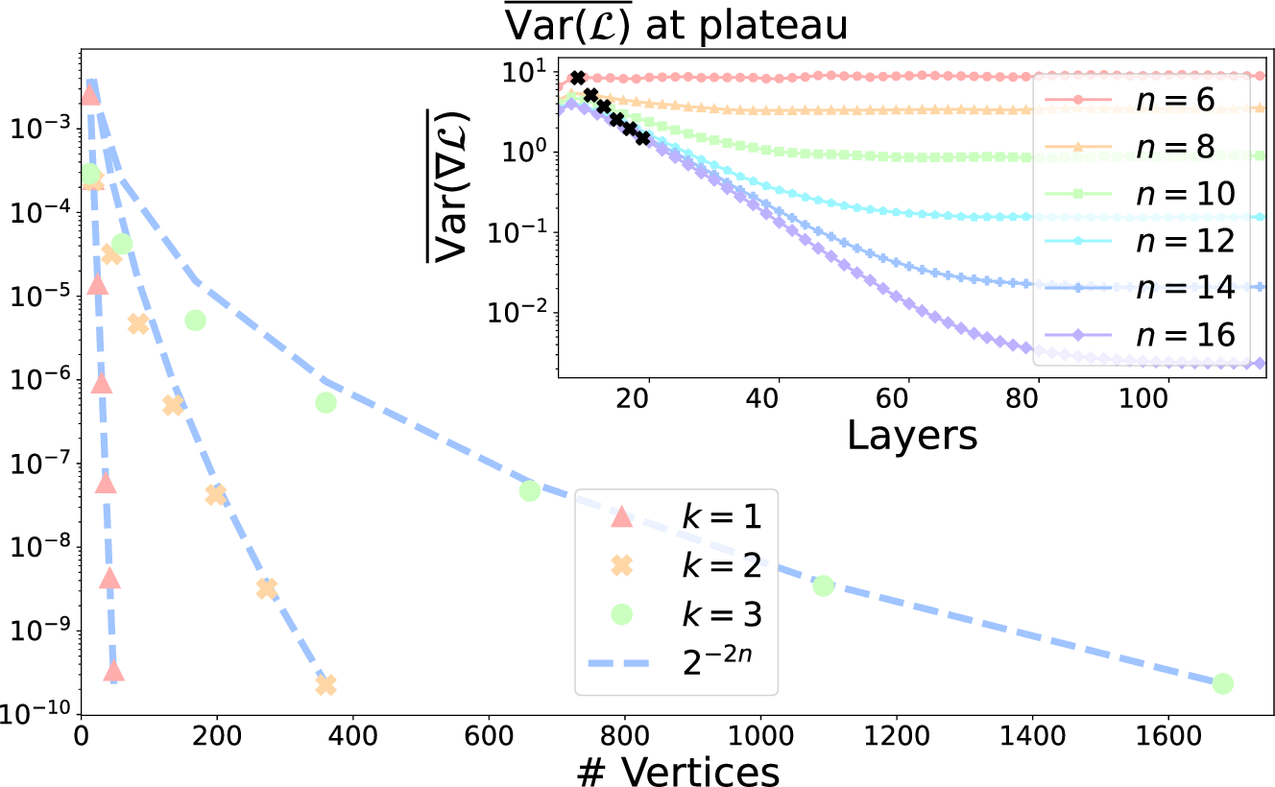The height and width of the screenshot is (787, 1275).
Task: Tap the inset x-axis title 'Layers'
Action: pyautogui.click(x=912, y=435)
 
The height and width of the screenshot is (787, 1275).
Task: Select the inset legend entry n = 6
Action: pyautogui.click(x=1143, y=100)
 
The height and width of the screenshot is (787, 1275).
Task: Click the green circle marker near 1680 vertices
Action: pyautogui.click(x=1222, y=683)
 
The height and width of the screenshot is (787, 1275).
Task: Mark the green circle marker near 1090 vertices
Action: pyautogui.click(x=823, y=585)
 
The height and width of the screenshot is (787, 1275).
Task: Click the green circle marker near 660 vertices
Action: pyautogui.click(x=530, y=490)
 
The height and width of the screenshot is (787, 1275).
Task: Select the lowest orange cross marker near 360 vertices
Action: pyautogui.click(x=325, y=684)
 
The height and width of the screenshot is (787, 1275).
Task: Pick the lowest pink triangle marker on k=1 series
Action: pyautogui.click(x=113, y=671)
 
